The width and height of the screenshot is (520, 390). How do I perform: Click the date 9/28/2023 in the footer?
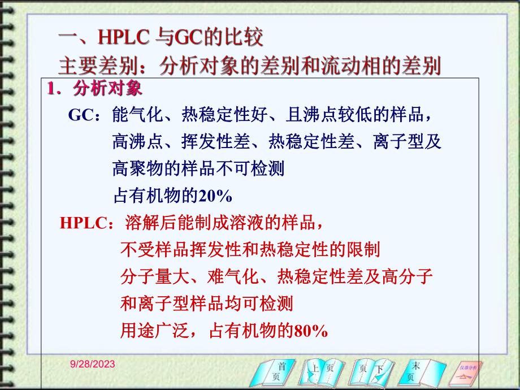[92, 365]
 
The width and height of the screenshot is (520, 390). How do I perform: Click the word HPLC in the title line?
[123, 37]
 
